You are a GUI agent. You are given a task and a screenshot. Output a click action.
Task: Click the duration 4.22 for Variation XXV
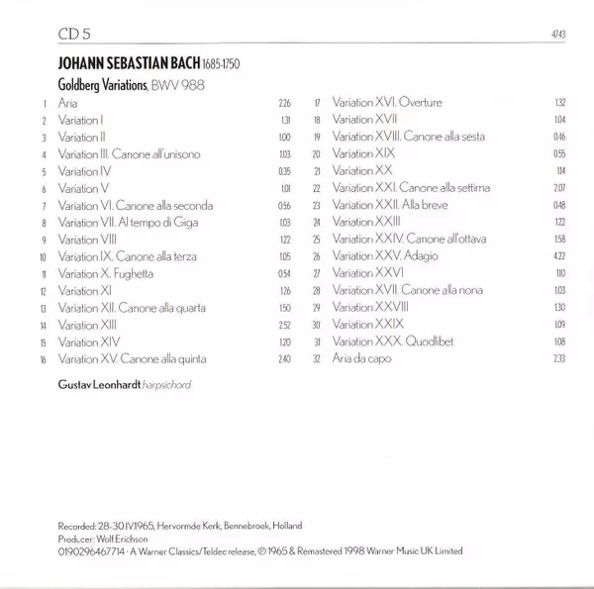[559, 255]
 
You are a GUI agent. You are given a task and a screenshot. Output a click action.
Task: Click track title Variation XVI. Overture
[387, 102]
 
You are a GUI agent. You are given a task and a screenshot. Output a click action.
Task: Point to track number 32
[317, 357]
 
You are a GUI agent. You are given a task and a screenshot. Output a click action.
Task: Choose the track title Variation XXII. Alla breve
[387, 205]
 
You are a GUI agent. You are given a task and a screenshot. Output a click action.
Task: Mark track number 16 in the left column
[43, 357]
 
